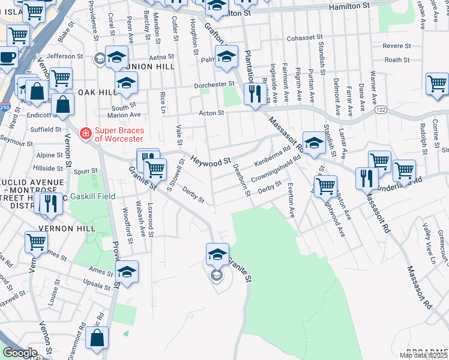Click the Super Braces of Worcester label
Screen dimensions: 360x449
(x=125, y=133)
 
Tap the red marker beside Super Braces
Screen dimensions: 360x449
(x=86, y=133)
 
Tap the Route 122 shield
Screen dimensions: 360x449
(x=381, y=110)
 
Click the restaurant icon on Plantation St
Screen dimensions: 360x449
(x=255, y=94)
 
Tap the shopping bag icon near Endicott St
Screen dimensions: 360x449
(x=62, y=105)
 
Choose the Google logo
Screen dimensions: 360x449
(x=20, y=353)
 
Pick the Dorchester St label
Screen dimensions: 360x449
(x=213, y=85)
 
